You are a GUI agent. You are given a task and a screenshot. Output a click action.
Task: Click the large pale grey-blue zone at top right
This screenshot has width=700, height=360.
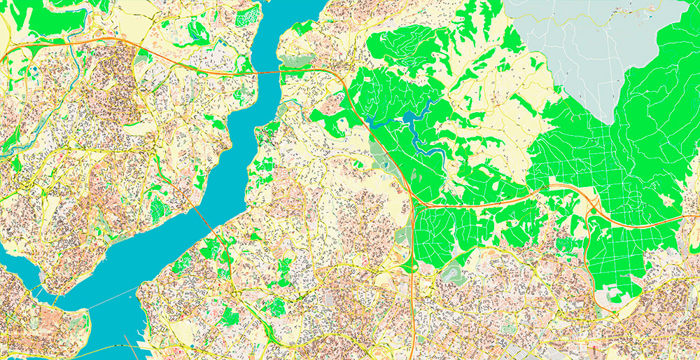(588, 49)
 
